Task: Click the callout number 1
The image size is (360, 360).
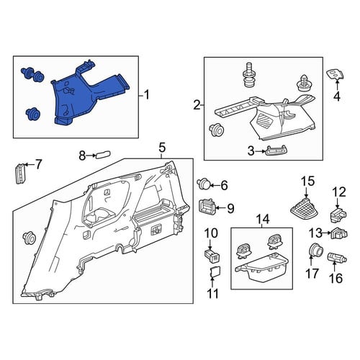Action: coord(146,95)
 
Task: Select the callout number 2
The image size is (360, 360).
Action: coord(197,105)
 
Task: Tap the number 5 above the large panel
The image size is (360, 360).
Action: coord(162,148)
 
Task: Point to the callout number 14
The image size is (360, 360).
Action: coord(263,219)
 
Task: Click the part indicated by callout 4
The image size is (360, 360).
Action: coord(336,74)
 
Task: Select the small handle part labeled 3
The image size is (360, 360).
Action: coord(276,152)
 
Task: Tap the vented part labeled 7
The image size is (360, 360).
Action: coord(21,174)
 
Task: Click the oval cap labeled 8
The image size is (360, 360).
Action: coord(104,155)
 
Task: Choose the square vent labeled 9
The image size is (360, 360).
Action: coord(206,207)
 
